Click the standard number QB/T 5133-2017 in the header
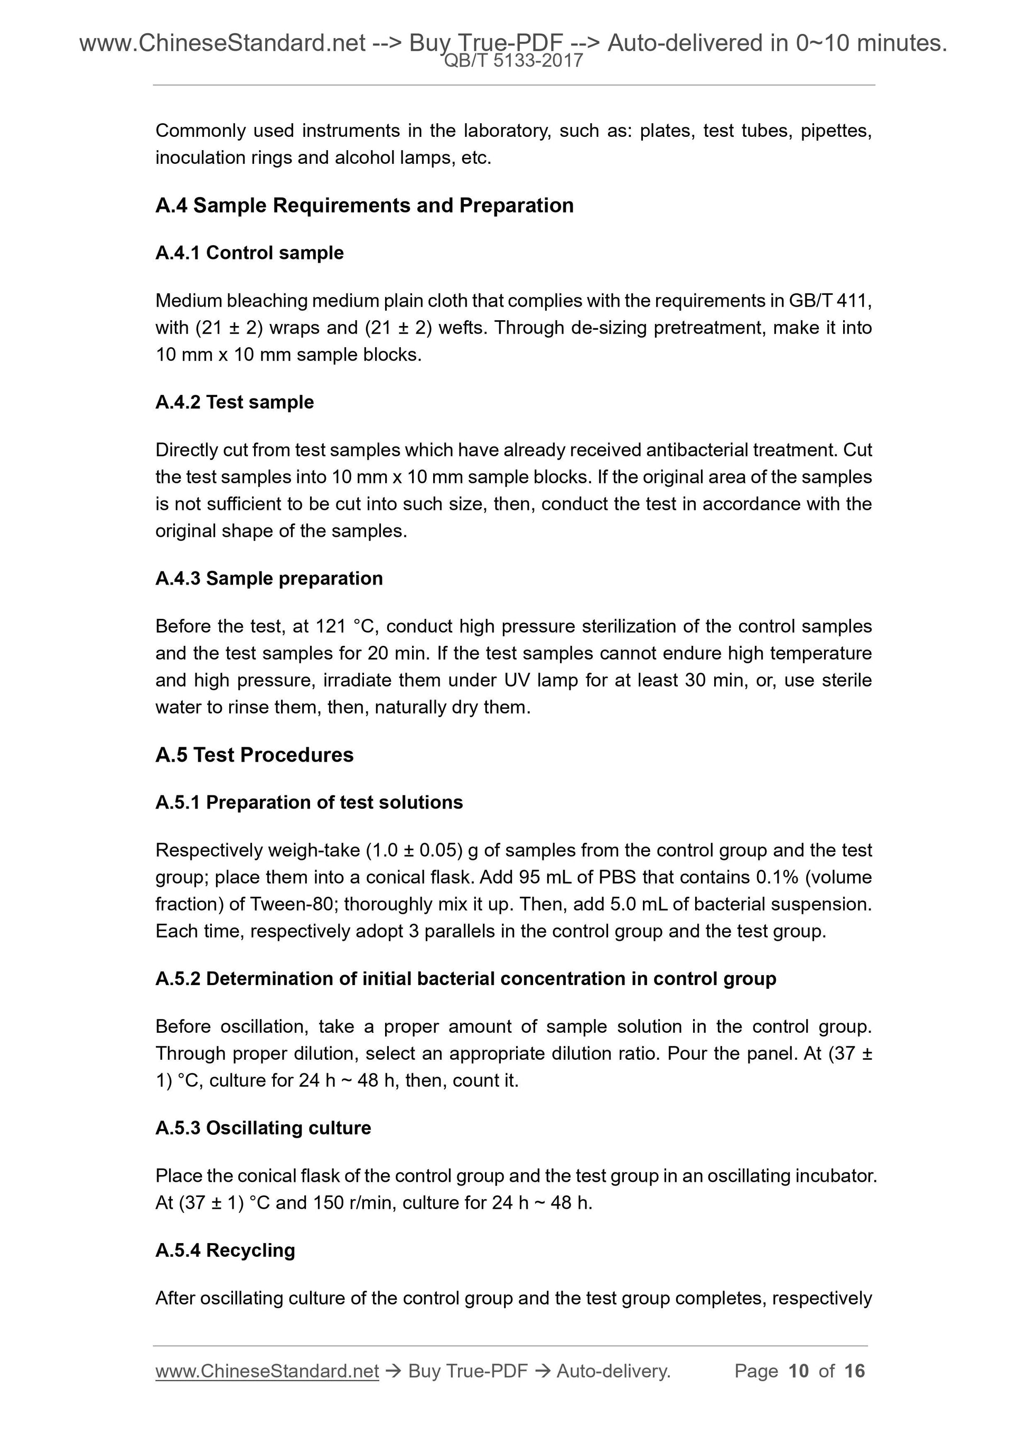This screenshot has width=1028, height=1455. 513,61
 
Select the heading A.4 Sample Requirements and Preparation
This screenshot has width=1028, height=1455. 364,205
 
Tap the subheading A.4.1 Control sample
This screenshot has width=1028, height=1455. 249,253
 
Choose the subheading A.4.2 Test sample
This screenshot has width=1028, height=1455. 235,402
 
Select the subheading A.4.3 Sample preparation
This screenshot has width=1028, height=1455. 269,579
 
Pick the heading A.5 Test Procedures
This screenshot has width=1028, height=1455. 254,755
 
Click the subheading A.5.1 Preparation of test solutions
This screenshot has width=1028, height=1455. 309,802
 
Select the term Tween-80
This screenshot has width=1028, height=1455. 292,904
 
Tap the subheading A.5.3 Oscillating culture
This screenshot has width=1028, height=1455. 263,1128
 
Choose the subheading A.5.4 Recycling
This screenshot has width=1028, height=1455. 225,1250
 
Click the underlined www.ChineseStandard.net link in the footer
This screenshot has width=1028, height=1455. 267,1371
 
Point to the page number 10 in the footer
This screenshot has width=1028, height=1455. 798,1371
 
